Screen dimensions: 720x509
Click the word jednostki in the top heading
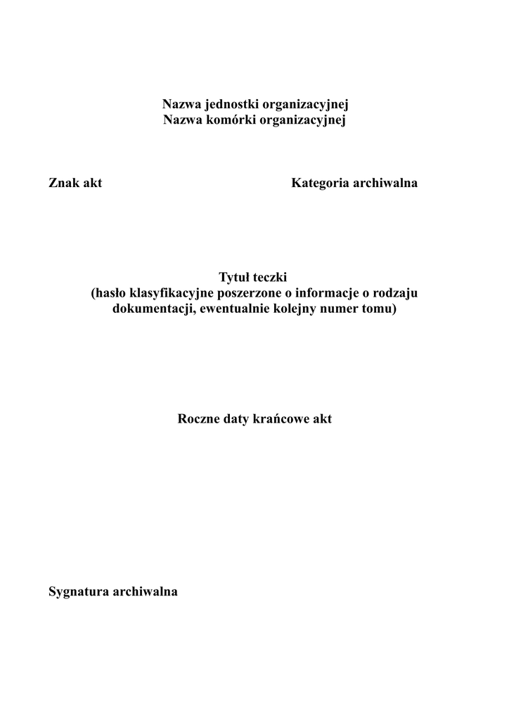233,105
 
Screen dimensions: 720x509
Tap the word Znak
64,184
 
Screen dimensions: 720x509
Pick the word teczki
271,278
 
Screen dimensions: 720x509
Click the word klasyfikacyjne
171,294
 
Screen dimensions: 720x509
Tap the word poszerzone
249,294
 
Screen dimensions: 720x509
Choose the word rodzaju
397,294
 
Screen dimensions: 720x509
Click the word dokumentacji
154,309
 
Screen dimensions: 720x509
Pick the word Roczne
201,419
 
